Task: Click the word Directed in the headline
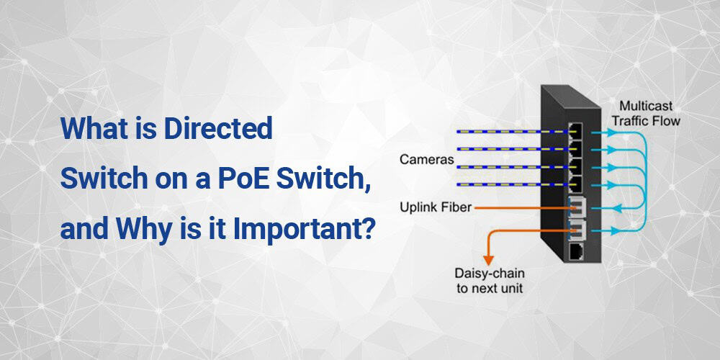click(x=218, y=129)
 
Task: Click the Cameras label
click(x=426, y=160)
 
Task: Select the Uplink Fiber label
click(x=436, y=207)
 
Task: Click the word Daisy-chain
click(x=490, y=274)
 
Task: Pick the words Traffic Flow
click(x=646, y=121)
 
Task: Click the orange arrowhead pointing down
click(x=489, y=259)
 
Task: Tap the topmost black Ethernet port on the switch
click(x=575, y=130)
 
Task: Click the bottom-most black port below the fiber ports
click(x=576, y=252)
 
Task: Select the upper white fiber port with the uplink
click(x=575, y=207)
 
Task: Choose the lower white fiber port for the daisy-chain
click(x=576, y=228)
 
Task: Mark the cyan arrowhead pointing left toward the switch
click(x=617, y=209)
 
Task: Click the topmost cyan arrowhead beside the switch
click(x=611, y=132)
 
